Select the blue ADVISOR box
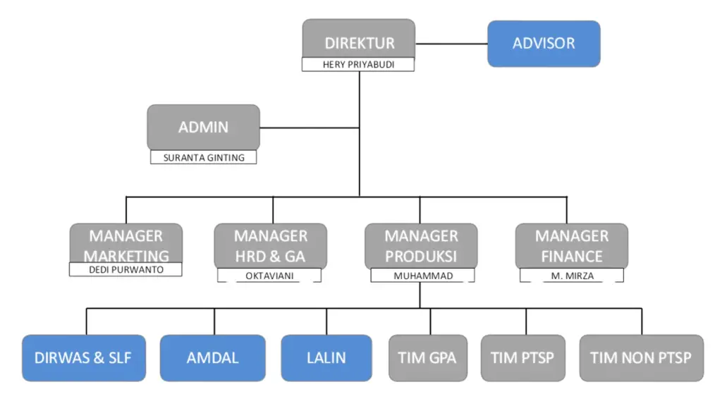[544, 44]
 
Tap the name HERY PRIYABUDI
[357, 65]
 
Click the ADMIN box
[203, 127]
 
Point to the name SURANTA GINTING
[204, 157]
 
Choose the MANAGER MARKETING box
[126, 242]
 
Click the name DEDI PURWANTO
[126, 269]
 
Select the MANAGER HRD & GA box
[271, 244]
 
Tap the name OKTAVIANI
[269, 276]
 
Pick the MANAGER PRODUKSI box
[421, 244]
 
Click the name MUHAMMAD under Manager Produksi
[422, 276]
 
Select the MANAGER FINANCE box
[572, 244]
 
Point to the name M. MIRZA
[572, 276]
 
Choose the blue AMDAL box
[212, 358]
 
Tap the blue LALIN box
[326, 358]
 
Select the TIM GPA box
[427, 358]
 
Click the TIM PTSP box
[522, 358]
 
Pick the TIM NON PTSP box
[641, 358]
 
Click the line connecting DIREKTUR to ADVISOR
[451, 44]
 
